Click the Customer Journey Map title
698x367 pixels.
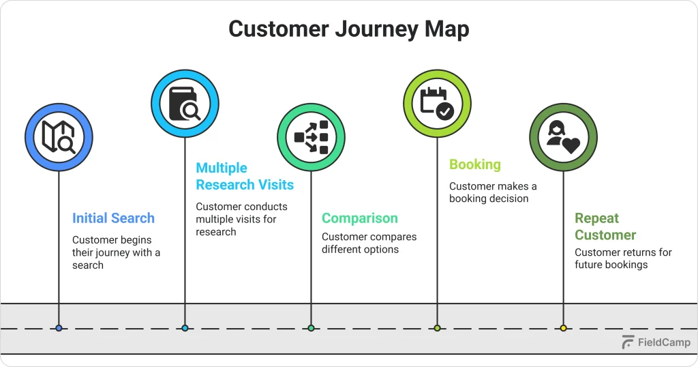click(348, 29)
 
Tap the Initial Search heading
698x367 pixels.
click(113, 218)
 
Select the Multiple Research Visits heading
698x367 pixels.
click(245, 176)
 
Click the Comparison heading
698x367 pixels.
click(359, 218)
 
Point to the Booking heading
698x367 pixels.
click(474, 164)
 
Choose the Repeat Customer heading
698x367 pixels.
click(605, 226)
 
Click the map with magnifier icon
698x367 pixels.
click(59, 136)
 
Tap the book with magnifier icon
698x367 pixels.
click(185, 104)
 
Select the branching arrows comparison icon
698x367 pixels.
click(312, 136)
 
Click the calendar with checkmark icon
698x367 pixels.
click(437, 104)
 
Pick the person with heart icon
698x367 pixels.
click(563, 136)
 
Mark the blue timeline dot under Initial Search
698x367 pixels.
click(59, 328)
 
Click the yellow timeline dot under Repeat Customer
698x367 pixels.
click(563, 328)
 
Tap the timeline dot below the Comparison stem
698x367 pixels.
click(312, 328)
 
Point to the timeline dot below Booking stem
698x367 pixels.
click(437, 328)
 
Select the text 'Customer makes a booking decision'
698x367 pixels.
click(493, 192)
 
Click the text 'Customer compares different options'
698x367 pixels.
click(369, 243)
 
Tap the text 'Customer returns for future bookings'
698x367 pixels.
click(623, 258)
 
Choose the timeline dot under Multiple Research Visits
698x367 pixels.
click(185, 328)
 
